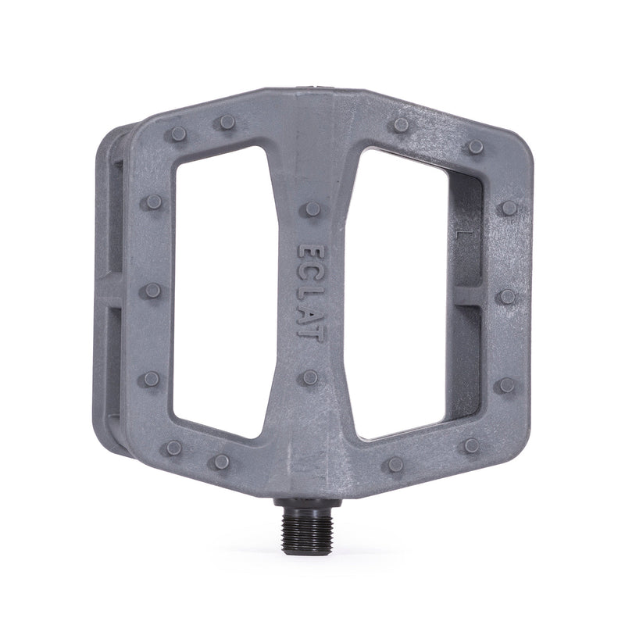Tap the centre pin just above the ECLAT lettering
[x=312, y=209]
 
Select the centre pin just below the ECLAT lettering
[x=310, y=377]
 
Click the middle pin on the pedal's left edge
[x=152, y=291]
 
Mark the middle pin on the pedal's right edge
[x=507, y=296]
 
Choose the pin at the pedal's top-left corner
[x=178, y=134]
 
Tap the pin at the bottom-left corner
[x=173, y=448]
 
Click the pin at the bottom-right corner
[x=471, y=445]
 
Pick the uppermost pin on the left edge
[x=153, y=202]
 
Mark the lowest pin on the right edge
[x=507, y=384]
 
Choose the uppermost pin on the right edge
[x=509, y=208]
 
